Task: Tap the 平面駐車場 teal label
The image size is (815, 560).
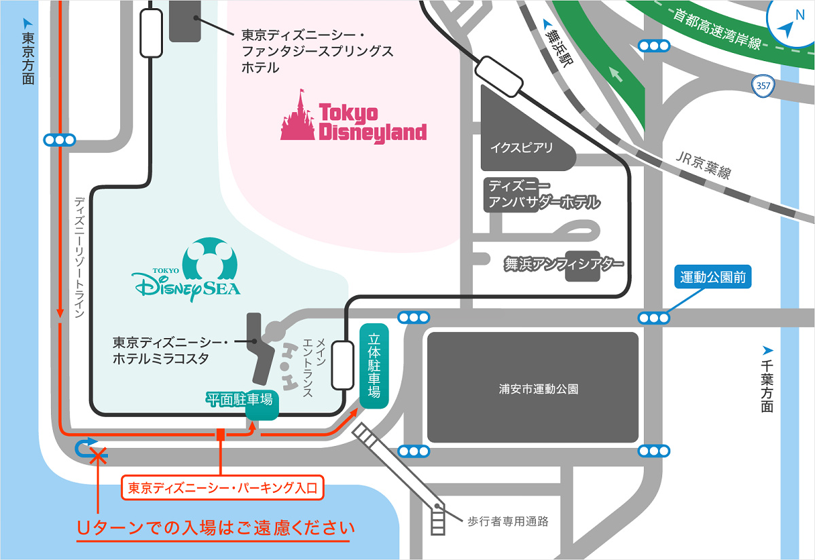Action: tap(239, 400)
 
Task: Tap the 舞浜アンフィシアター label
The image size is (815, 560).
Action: tap(564, 264)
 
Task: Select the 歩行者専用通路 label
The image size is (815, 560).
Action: tap(508, 522)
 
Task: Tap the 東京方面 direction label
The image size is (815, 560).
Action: tap(28, 58)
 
